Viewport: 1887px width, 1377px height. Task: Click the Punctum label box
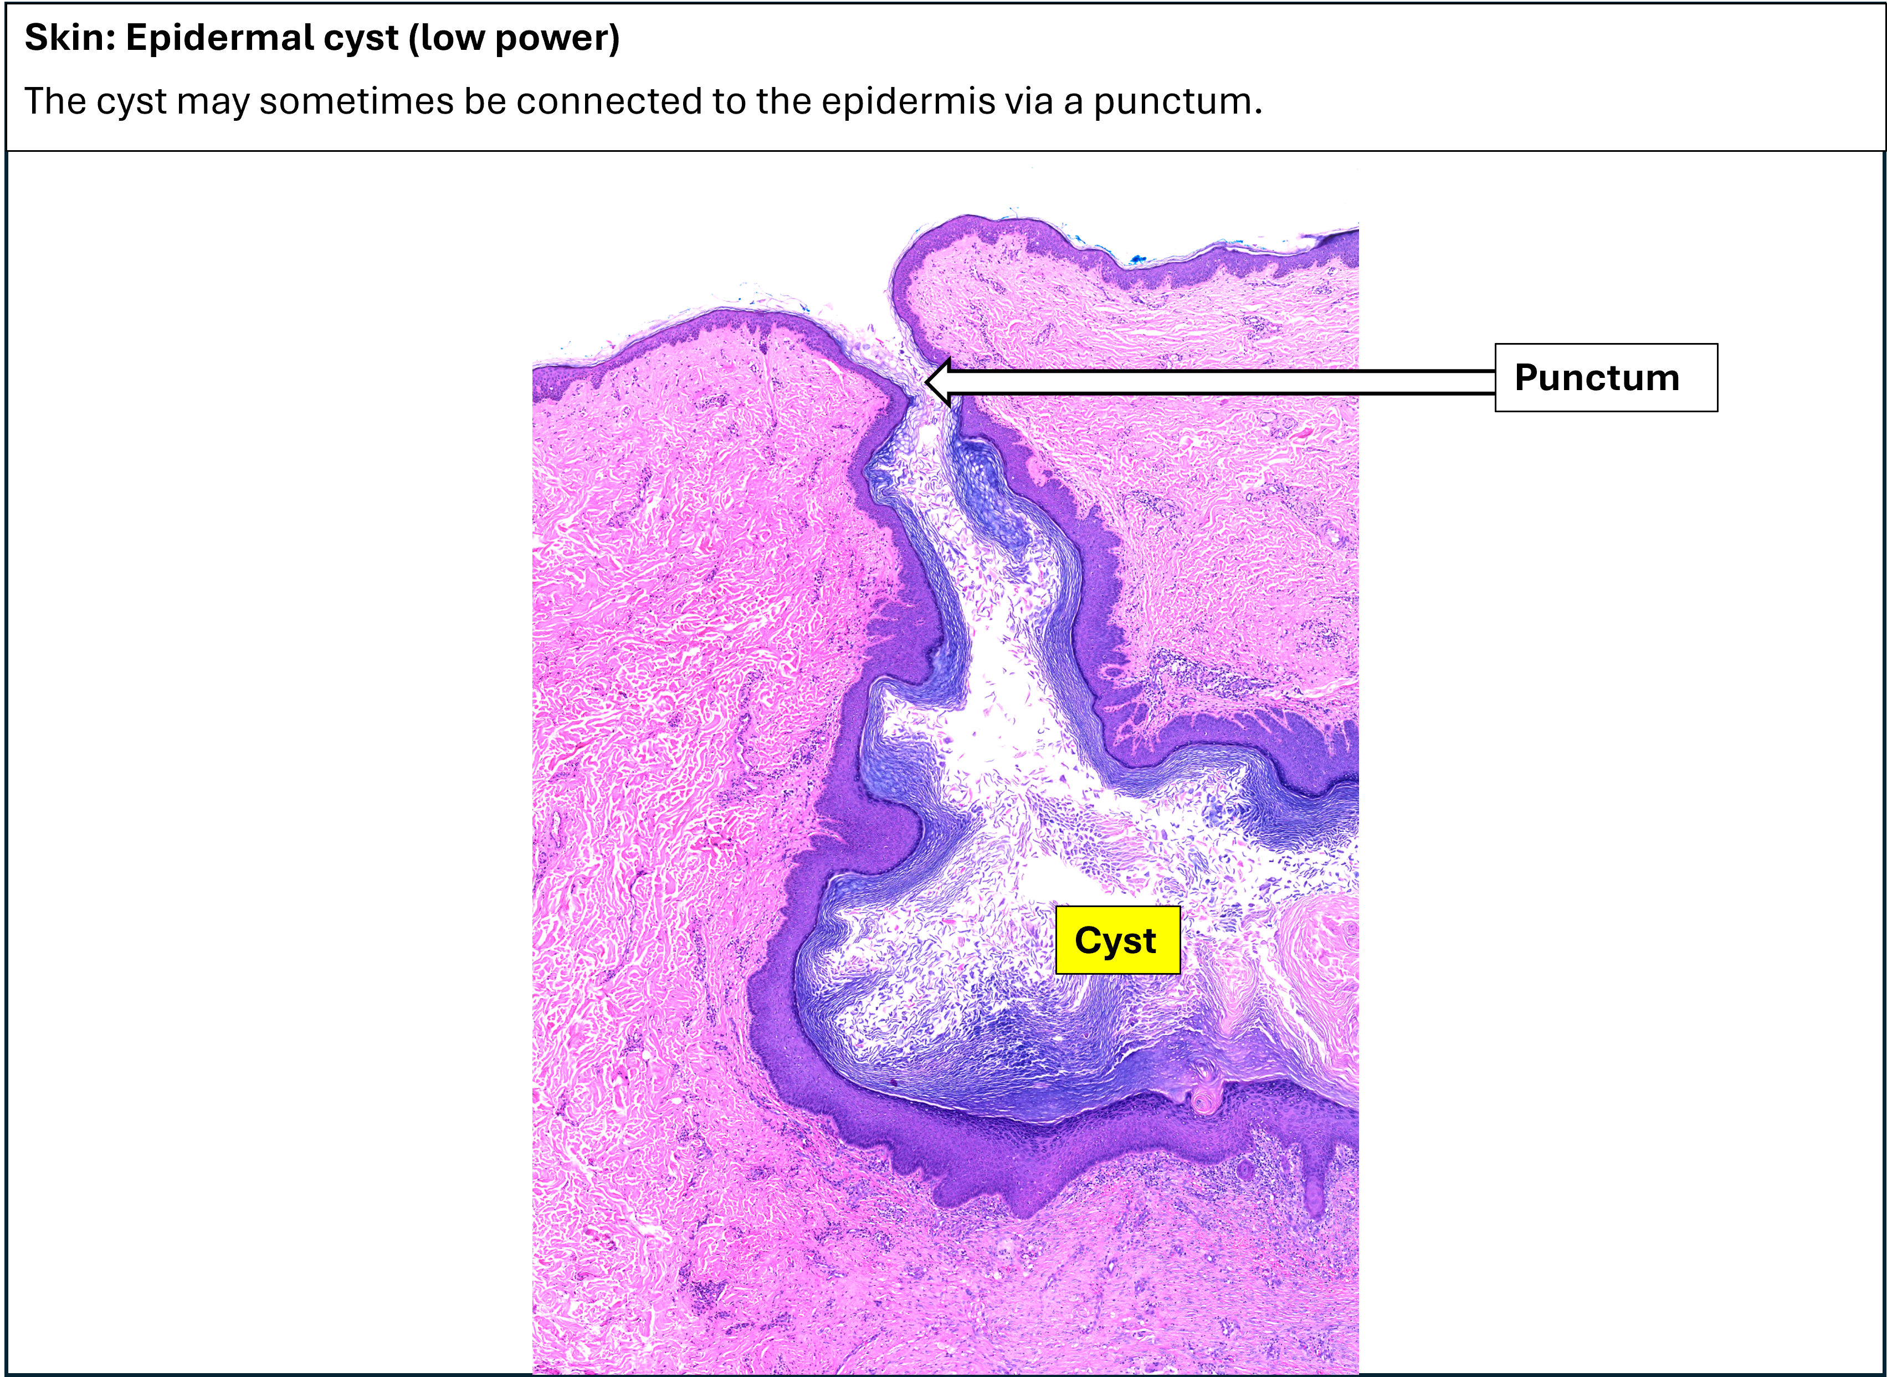click(x=1606, y=377)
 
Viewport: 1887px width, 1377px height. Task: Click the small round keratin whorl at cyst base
click(x=1201, y=1100)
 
